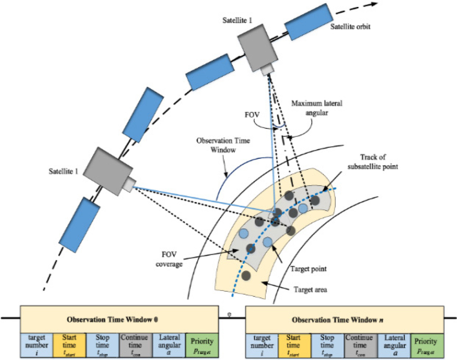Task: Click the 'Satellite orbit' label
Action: click(350, 27)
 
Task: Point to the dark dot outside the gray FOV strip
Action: click(246, 276)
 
